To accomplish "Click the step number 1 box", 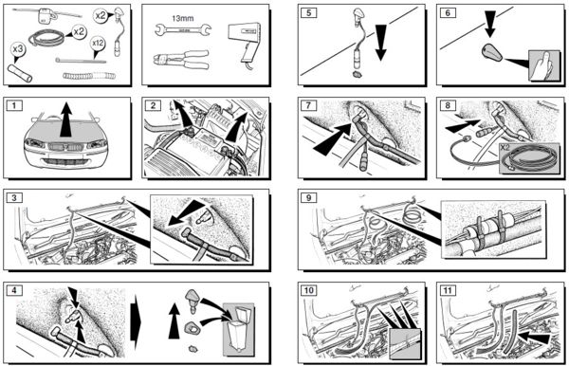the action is click(x=14, y=106).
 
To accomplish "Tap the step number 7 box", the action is click(x=309, y=105).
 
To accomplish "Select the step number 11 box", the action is click(x=448, y=290).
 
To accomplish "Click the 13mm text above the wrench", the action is click(x=182, y=18).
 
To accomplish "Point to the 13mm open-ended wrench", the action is click(x=182, y=29).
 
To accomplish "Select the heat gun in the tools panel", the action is click(x=246, y=42).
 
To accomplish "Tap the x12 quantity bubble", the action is click(x=98, y=44).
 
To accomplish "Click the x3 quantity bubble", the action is click(x=18, y=49).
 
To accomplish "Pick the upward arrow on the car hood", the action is click(x=65, y=119).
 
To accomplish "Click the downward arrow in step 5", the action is click(x=381, y=43).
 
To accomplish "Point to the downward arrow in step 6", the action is click(x=490, y=24).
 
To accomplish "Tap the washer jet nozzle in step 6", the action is click(x=492, y=52).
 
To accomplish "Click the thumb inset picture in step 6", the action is click(x=542, y=65).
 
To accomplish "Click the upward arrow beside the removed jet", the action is click(x=174, y=321).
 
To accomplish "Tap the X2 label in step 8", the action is click(x=505, y=147).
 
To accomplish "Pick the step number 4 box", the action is click(x=14, y=290).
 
